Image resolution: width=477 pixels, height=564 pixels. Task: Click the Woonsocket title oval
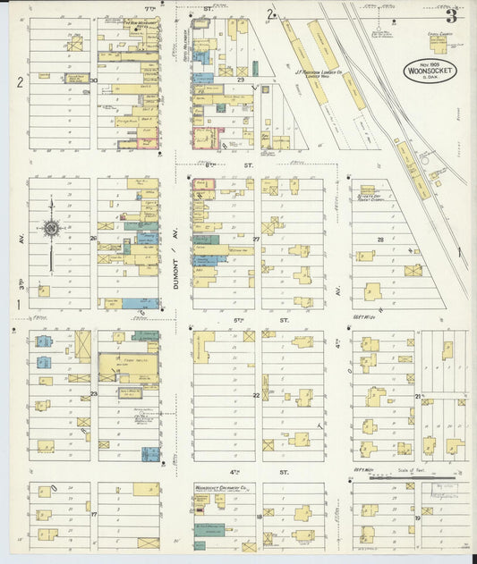427,70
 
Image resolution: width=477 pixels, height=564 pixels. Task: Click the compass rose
51,228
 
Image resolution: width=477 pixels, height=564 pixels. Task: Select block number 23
93,394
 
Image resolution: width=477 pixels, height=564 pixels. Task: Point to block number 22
256,394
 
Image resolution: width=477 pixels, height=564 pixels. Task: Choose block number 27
256,239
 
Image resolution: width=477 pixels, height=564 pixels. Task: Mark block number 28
380,240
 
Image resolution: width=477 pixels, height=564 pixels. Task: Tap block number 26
93,239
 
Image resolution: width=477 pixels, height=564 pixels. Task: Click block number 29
240,80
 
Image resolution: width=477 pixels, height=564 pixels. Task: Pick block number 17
93,514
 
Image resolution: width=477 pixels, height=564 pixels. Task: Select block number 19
417,518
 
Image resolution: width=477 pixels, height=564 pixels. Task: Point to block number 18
259,517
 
